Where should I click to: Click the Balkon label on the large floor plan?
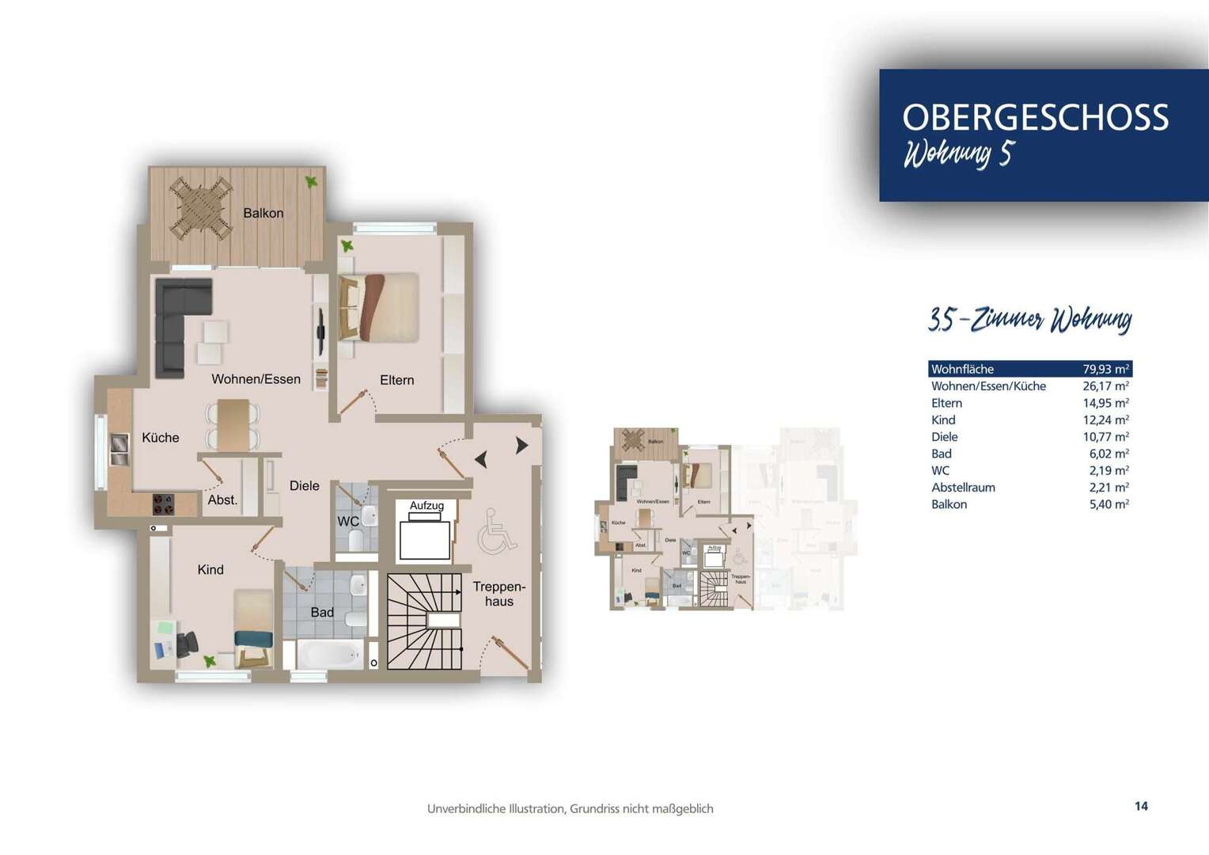click(263, 213)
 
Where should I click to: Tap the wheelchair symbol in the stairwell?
click(497, 530)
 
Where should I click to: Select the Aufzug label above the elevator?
click(426, 505)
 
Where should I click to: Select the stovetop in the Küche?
click(164, 504)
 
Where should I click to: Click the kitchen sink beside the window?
click(119, 449)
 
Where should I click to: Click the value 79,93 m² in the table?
click(1105, 369)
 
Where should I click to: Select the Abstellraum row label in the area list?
click(963, 488)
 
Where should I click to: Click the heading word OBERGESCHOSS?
click(1035, 117)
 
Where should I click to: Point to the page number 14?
click(1140, 806)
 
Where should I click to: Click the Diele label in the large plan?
click(304, 485)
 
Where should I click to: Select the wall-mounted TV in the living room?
click(321, 331)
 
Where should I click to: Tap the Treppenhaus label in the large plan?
click(498, 594)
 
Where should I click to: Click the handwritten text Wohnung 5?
click(957, 154)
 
